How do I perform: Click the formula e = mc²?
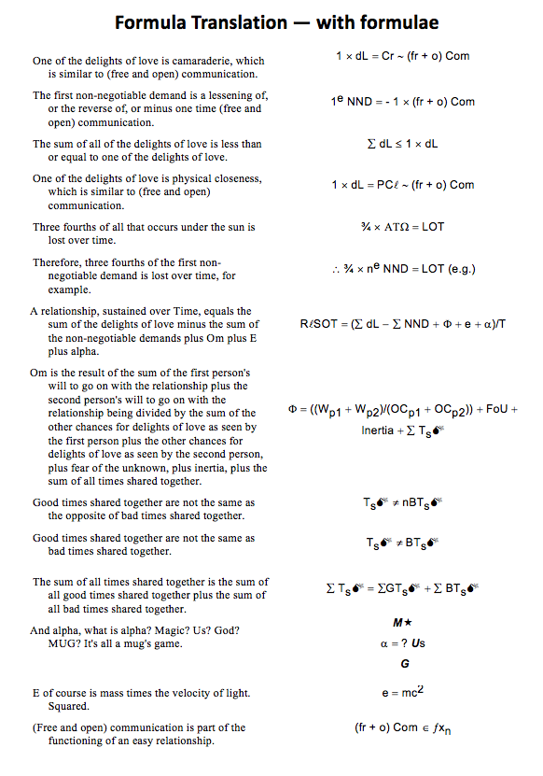pos(403,694)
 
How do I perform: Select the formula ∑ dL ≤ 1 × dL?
pos(403,144)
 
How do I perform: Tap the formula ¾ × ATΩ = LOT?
pos(403,227)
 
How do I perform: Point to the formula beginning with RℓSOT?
pos(403,324)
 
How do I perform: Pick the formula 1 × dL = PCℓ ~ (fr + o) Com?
pos(403,185)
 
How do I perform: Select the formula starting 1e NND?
pos(403,102)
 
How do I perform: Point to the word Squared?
pos(68,706)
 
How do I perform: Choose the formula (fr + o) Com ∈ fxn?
pos(403,727)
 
